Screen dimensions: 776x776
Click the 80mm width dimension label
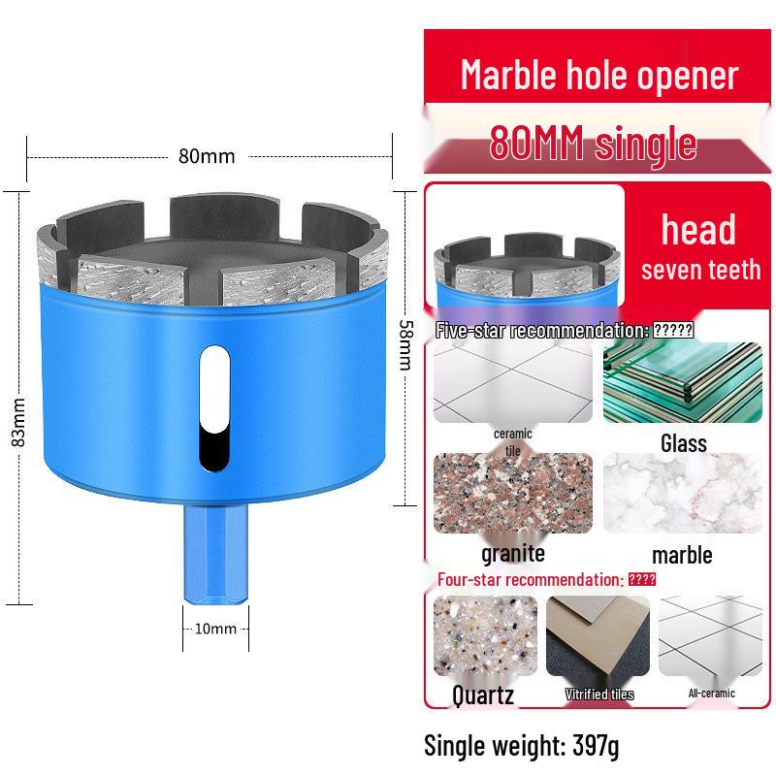(206, 156)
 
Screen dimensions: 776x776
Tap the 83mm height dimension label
(17, 424)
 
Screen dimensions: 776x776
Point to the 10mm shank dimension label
(215, 629)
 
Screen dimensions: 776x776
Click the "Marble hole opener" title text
(598, 75)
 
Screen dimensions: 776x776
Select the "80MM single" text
(593, 143)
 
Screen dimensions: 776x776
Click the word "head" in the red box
(698, 230)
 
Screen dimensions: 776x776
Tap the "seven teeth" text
(700, 270)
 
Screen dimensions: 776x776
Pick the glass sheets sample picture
(683, 382)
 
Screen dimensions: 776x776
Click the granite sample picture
(512, 493)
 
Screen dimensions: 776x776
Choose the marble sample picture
(683, 493)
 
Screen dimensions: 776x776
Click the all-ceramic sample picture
(711, 636)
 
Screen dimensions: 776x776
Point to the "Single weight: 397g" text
(521, 745)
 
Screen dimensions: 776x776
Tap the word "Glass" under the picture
(684, 443)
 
